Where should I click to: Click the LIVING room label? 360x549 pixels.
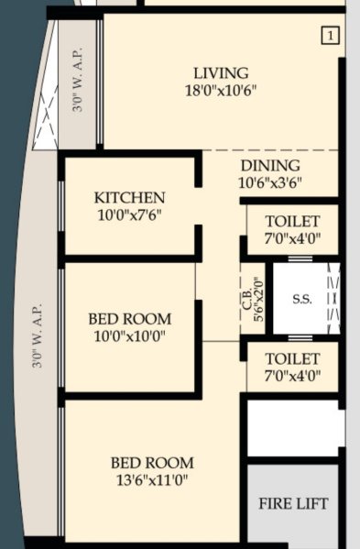click(221, 73)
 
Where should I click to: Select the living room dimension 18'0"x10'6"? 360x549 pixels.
click(221, 91)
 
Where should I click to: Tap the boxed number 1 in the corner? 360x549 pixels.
click(330, 36)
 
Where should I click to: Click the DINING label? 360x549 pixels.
click(269, 165)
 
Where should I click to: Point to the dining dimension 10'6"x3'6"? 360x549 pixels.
click(269, 181)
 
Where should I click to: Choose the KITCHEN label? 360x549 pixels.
click(129, 198)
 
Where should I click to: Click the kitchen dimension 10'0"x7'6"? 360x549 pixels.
click(129, 215)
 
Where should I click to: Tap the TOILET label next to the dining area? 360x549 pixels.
click(292, 222)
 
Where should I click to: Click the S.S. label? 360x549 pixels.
click(301, 300)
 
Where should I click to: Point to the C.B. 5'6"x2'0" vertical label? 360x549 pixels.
click(254, 299)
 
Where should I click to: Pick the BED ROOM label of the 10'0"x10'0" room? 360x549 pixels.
click(129, 319)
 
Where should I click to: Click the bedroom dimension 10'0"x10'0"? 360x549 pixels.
click(129, 336)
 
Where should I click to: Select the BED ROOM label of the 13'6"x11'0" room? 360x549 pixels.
click(152, 463)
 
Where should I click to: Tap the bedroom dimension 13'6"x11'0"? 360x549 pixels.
click(152, 479)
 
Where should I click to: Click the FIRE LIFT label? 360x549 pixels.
click(292, 504)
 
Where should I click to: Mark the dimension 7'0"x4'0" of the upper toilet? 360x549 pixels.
click(292, 238)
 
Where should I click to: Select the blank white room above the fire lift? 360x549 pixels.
click(292, 427)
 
